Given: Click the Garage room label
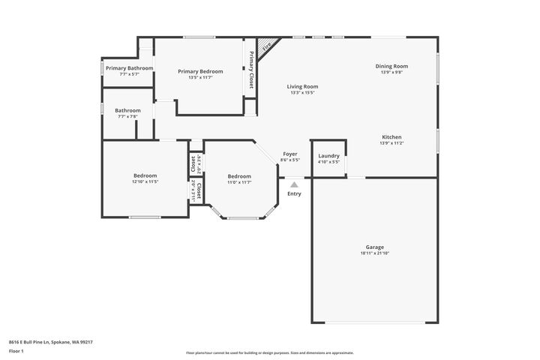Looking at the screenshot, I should [x=375, y=247].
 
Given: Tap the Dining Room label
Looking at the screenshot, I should [x=391, y=66].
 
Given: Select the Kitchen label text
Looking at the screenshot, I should [x=391, y=137].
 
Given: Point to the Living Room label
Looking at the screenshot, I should [x=302, y=86].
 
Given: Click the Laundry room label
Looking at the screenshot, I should [x=328, y=156].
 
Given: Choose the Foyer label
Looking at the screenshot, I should [x=290, y=154].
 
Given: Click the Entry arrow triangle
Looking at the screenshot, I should [x=294, y=184].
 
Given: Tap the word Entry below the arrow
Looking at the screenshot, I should [x=294, y=193].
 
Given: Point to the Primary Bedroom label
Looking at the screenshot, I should [x=200, y=71].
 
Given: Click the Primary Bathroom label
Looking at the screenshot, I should [x=129, y=68].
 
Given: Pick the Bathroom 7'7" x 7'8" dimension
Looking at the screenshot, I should [x=128, y=116].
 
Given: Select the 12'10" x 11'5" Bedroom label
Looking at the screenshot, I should [x=145, y=181].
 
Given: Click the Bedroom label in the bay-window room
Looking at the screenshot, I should [x=239, y=176].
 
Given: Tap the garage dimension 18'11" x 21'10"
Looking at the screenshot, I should [x=375, y=253].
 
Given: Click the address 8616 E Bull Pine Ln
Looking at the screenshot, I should [x=51, y=341].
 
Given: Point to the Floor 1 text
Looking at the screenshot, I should [x=16, y=350].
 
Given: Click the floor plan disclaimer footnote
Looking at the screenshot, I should [x=270, y=352].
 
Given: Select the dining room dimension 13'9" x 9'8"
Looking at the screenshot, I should [x=391, y=72].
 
